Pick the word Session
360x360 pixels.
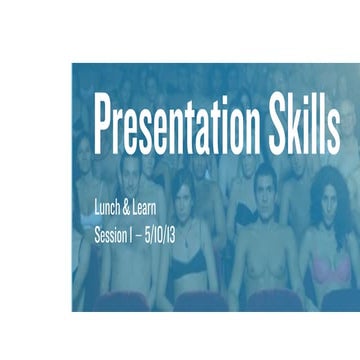(112, 236)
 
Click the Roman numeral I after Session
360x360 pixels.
(136, 236)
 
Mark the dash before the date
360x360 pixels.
(144, 237)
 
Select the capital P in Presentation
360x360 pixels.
(104, 126)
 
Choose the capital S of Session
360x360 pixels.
(97, 236)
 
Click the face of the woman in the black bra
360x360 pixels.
(187, 205)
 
